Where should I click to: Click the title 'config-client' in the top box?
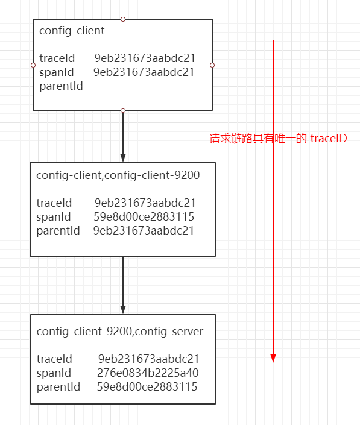[x=72, y=31]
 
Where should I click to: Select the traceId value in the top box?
[x=145, y=58]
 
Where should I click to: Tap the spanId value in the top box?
[x=144, y=72]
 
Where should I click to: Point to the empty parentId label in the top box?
[x=61, y=86]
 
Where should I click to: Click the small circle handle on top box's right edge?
[x=212, y=65]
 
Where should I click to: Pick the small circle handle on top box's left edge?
[x=33, y=65]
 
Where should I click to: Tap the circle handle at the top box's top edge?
[x=123, y=19]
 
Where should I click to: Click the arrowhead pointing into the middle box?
[x=123, y=158]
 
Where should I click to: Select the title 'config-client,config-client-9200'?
[x=118, y=175]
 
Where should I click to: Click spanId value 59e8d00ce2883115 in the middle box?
[x=144, y=217]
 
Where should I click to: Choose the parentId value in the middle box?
[x=144, y=231]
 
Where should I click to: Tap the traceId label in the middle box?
[x=54, y=203]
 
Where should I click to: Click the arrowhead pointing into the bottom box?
[x=123, y=310]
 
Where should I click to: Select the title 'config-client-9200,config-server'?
[x=120, y=332]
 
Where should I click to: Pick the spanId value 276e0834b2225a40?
[x=148, y=373]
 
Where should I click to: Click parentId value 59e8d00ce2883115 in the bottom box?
[x=147, y=387]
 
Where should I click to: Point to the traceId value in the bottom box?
[x=148, y=359]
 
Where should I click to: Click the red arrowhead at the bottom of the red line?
[x=273, y=358]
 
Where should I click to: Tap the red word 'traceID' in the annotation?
[x=329, y=139]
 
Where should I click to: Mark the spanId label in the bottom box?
[x=54, y=373]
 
